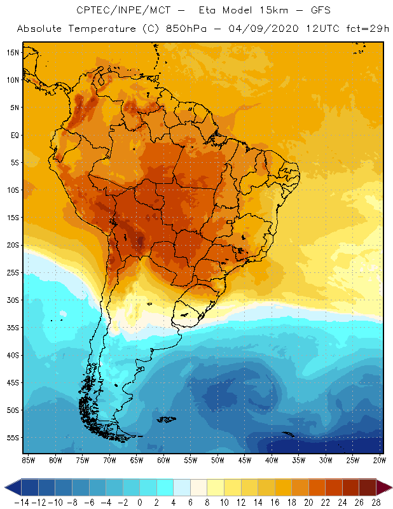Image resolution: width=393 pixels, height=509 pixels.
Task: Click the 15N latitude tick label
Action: [x=13, y=52]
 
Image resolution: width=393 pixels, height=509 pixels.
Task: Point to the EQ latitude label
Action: [x=14, y=135]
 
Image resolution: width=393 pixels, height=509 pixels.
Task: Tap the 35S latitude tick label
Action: [x=13, y=328]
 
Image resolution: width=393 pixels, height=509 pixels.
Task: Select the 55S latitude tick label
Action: [x=13, y=438]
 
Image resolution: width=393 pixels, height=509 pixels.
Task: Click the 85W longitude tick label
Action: [x=28, y=459]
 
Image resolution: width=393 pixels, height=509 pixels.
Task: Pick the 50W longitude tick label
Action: [x=218, y=459]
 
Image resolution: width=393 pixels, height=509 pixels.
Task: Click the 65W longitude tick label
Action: [x=137, y=459]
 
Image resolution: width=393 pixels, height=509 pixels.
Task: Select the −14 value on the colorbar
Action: [x=21, y=501]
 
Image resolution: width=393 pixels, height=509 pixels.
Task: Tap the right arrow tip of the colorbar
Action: [x=389, y=487]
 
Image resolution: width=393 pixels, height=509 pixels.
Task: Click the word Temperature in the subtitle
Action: [x=99, y=29]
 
